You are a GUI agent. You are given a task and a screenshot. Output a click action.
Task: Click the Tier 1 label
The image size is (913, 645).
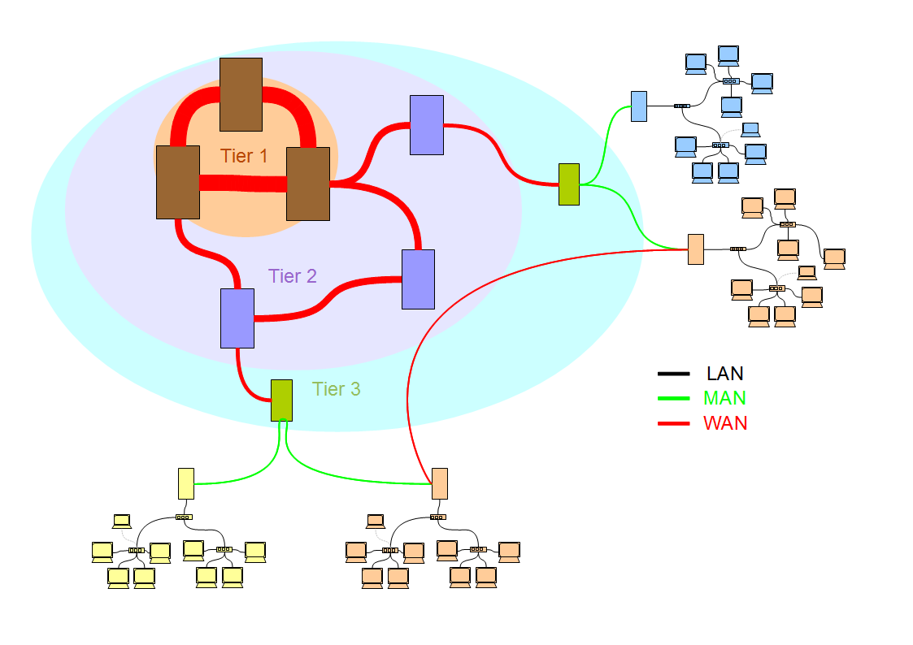(x=243, y=156)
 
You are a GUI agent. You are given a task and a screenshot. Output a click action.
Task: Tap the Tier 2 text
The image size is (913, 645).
(x=293, y=275)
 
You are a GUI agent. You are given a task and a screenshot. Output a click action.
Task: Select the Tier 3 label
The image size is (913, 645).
(x=336, y=388)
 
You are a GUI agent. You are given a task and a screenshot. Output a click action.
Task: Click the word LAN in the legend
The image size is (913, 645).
(x=725, y=374)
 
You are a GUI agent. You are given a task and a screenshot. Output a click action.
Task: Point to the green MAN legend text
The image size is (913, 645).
(x=724, y=398)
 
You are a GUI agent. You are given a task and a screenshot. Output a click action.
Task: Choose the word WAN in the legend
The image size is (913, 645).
(x=725, y=423)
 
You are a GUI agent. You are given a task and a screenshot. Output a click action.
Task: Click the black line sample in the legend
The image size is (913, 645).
(x=674, y=374)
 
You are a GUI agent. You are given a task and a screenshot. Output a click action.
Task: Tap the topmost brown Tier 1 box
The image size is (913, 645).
(x=241, y=94)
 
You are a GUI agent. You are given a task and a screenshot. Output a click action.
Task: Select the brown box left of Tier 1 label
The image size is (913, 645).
(x=178, y=182)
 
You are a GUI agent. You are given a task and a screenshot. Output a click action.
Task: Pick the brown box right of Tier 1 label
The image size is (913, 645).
(x=308, y=184)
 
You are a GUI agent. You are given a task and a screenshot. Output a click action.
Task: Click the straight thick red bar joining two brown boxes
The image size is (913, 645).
(x=243, y=184)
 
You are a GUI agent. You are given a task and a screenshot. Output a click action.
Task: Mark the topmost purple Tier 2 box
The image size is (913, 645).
(x=427, y=125)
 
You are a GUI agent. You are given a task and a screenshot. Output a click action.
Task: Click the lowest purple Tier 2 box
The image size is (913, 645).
(x=237, y=318)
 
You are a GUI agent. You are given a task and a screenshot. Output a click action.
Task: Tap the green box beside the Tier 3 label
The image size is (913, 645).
(x=282, y=400)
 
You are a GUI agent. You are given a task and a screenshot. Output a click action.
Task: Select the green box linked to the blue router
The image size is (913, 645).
(x=569, y=184)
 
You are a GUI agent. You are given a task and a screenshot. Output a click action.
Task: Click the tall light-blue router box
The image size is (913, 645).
(x=639, y=106)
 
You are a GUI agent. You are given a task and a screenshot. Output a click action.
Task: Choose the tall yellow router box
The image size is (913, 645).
(x=185, y=483)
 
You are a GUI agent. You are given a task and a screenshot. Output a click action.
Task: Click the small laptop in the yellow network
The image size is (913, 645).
(x=122, y=522)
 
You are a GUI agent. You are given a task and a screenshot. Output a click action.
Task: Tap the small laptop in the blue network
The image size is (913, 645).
(x=750, y=130)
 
